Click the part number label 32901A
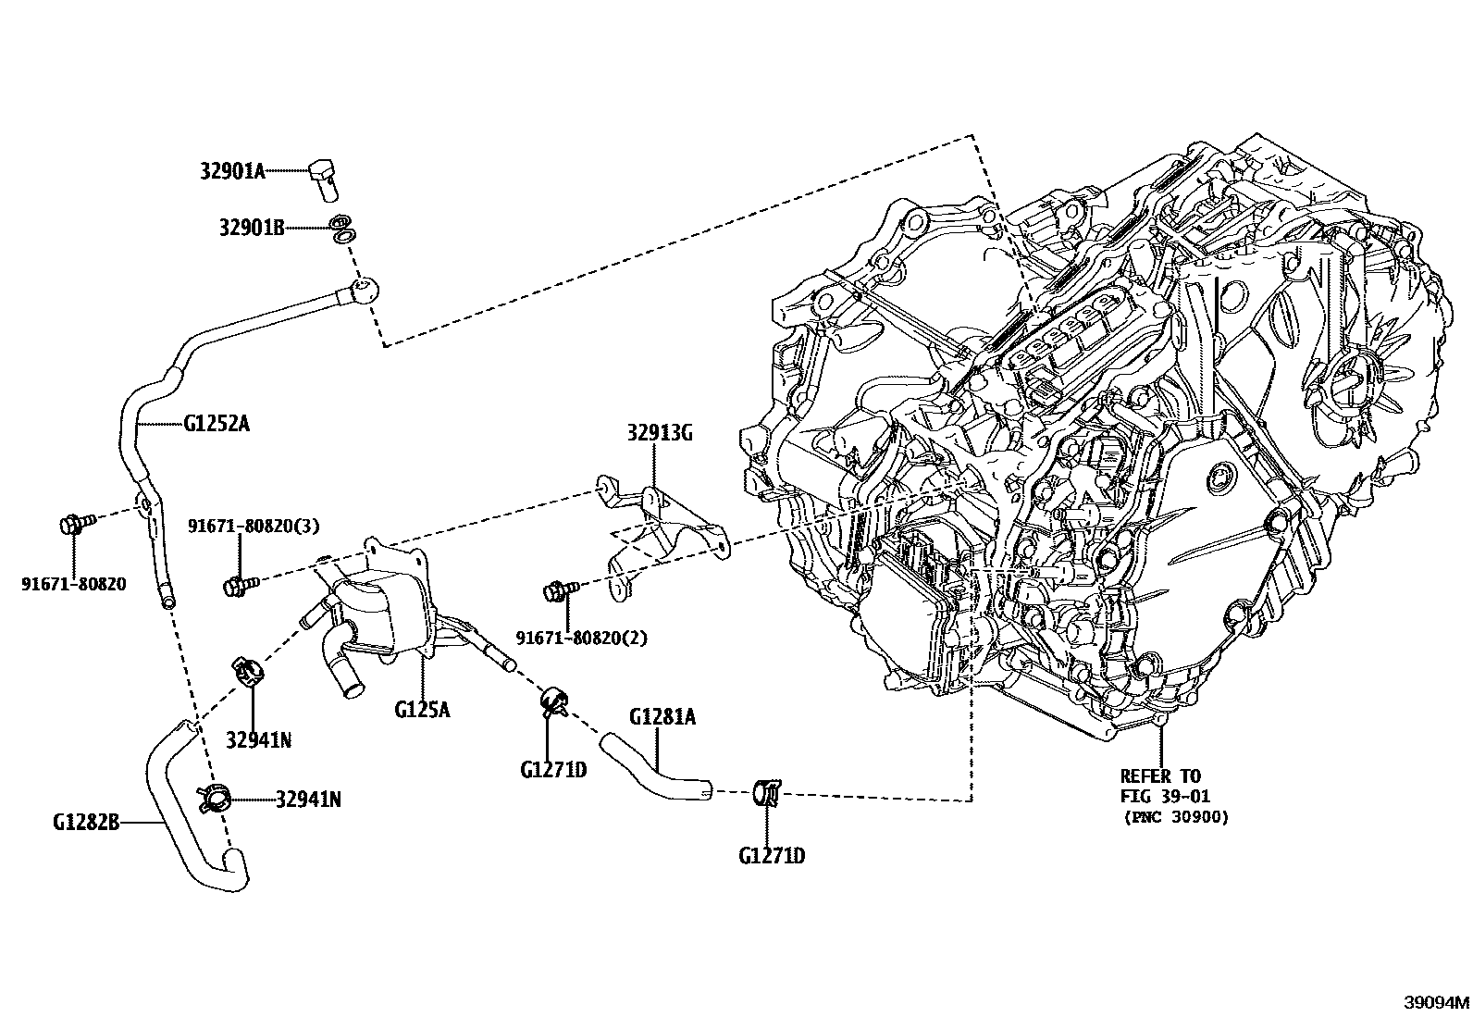pyautogui.click(x=232, y=170)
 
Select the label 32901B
pyautogui.click(x=252, y=226)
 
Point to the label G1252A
pyautogui.click(x=217, y=425)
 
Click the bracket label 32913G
pyautogui.click(x=659, y=432)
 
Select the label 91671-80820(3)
pyautogui.click(x=254, y=526)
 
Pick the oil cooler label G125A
pyautogui.click(x=422, y=710)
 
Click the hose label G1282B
pyautogui.click(x=86, y=821)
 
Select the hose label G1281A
pyautogui.click(x=662, y=716)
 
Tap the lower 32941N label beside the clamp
pyautogui.click(x=308, y=799)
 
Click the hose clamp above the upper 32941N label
pyautogui.click(x=248, y=669)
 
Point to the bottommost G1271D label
pyautogui.click(x=772, y=856)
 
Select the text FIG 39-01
pyautogui.click(x=1164, y=796)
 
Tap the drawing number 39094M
pyautogui.click(x=1436, y=1002)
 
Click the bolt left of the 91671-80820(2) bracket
pyautogui.click(x=558, y=589)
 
